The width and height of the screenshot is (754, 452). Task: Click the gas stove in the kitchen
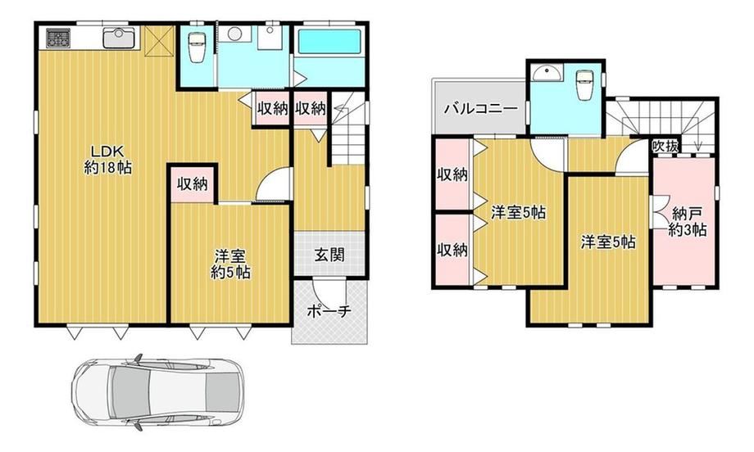point(58,38)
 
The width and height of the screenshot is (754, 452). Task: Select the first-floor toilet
point(196,47)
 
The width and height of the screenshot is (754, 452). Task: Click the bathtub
point(329,42)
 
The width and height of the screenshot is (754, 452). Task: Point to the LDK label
point(107,159)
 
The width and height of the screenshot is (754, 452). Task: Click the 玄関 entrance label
point(329,255)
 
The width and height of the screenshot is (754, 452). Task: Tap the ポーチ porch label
point(329,311)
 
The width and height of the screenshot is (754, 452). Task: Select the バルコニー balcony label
point(480,108)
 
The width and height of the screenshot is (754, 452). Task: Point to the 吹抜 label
point(665,146)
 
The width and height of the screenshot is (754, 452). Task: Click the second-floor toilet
point(584,85)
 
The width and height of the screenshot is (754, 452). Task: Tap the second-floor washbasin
point(547,75)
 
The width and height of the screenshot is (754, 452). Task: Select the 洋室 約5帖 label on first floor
point(230,264)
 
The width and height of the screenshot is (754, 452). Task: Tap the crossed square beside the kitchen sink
point(158,41)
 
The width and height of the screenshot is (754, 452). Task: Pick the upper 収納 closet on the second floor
point(452,174)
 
